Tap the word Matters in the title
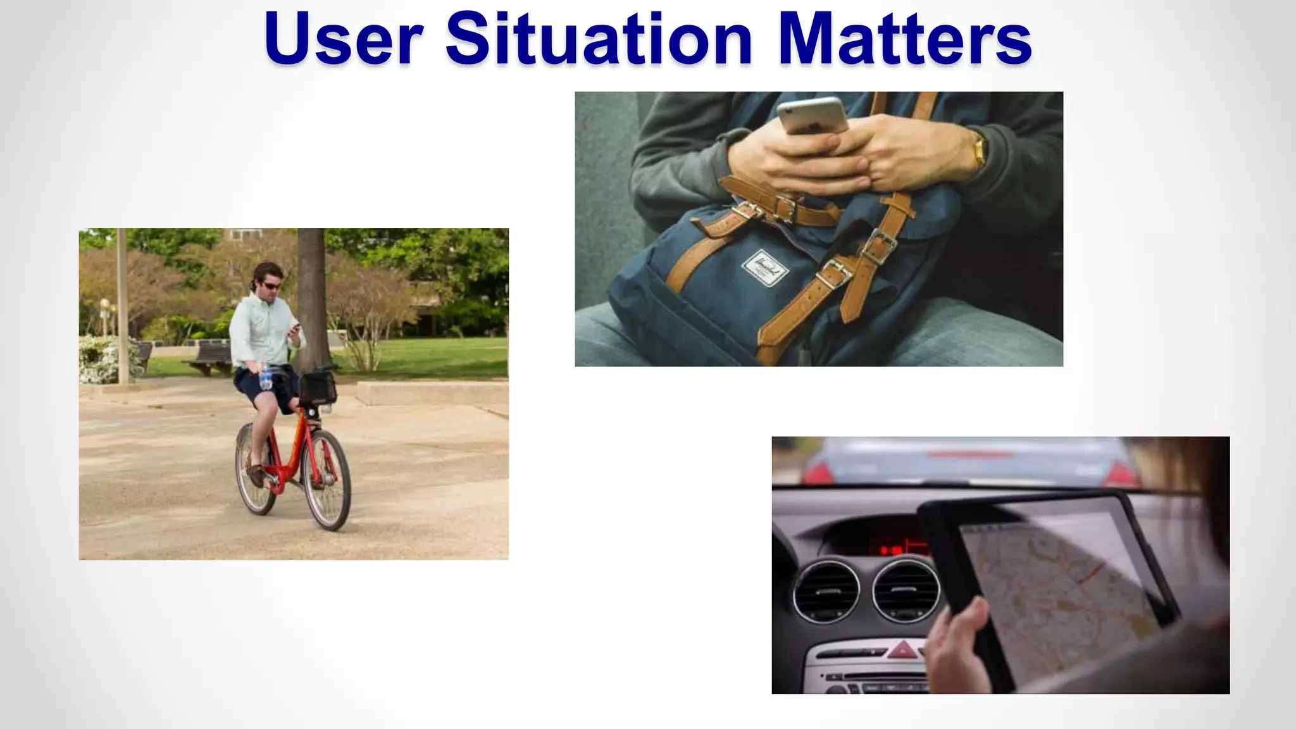tap(905, 39)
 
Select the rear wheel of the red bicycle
tap(255, 468)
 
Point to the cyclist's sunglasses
tap(271, 286)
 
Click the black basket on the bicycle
tap(317, 389)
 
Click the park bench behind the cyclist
tap(209, 358)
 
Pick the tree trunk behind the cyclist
tap(311, 297)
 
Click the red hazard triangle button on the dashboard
tap(904, 649)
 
